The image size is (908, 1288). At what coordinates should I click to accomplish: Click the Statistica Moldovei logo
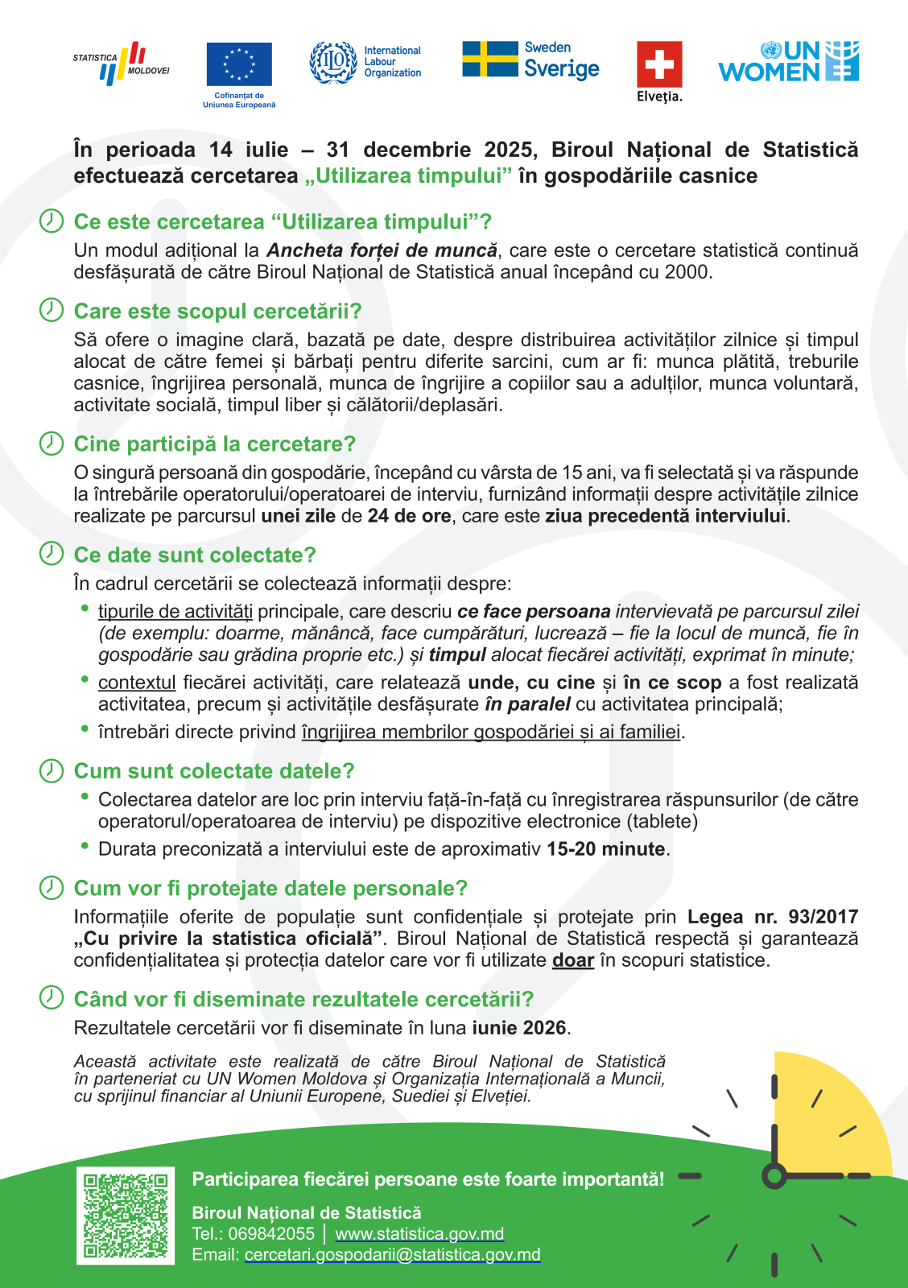[122, 64]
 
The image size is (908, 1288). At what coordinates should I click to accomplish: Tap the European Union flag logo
[239, 64]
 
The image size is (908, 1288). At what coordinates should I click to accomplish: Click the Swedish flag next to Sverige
[489, 60]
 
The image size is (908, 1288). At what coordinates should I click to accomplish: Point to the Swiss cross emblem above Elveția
[659, 64]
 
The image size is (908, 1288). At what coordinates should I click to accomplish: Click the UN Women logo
[788, 62]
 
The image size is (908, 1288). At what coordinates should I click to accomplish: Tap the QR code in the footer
[126, 1216]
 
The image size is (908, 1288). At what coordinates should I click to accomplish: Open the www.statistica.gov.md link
[419, 1234]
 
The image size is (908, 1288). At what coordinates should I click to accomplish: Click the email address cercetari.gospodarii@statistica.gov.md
[392, 1255]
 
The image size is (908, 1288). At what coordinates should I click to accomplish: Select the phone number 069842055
[271, 1234]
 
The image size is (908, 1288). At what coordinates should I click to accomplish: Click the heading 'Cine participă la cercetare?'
[214, 444]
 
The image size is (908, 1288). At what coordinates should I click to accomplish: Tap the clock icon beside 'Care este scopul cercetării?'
[52, 310]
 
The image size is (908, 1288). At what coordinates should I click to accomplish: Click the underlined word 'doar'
[572, 960]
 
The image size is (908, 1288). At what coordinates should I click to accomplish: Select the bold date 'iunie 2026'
[519, 1028]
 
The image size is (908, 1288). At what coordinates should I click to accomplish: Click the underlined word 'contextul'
[137, 683]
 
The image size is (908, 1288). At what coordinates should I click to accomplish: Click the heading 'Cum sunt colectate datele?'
[214, 771]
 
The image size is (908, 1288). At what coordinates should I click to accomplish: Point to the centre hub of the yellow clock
[774, 1176]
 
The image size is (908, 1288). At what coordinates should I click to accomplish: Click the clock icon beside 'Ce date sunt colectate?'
[52, 554]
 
